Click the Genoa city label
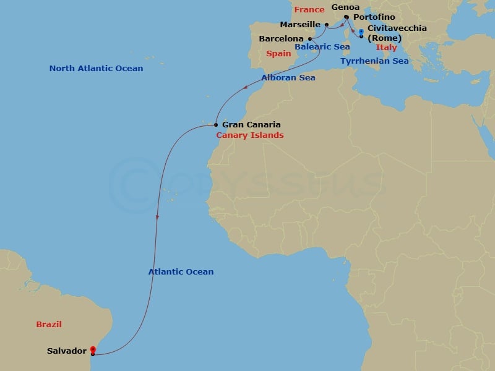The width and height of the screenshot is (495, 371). pyautogui.click(x=345, y=7)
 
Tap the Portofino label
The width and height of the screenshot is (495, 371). pyautogui.click(x=374, y=17)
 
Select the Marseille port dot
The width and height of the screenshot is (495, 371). pyautogui.click(x=327, y=25)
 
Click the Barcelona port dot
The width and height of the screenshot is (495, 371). pyautogui.click(x=309, y=38)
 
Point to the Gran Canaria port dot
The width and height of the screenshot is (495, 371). pyautogui.click(x=215, y=124)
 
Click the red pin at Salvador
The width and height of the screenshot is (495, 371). pyautogui.click(x=92, y=349)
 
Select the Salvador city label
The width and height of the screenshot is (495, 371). pyautogui.click(x=66, y=351)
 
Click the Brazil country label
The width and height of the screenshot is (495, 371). pyautogui.click(x=49, y=324)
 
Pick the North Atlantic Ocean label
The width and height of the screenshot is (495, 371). pyautogui.click(x=96, y=69)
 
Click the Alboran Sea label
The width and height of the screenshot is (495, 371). pyautogui.click(x=288, y=78)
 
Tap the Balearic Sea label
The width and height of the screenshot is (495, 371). pyautogui.click(x=322, y=47)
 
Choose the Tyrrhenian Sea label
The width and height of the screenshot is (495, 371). pyautogui.click(x=374, y=61)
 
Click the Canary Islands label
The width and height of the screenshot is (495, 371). pyautogui.click(x=249, y=135)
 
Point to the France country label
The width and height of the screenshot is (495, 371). pyautogui.click(x=309, y=10)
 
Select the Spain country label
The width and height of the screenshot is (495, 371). pyautogui.click(x=278, y=54)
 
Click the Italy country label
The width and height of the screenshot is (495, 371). pyautogui.click(x=386, y=47)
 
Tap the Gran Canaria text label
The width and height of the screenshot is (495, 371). pyautogui.click(x=251, y=124)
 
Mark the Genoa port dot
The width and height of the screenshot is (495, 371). pyautogui.click(x=346, y=17)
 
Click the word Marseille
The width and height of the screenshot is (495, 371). pyautogui.click(x=299, y=25)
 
